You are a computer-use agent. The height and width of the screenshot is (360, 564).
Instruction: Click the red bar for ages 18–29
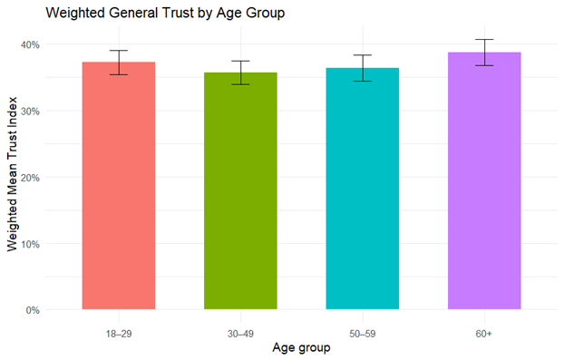(x=119, y=186)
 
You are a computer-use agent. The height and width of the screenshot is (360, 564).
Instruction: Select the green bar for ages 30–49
(x=240, y=191)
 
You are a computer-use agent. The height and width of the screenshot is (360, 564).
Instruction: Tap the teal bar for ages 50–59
(x=363, y=189)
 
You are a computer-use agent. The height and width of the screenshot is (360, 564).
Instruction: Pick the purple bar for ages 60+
(x=484, y=180)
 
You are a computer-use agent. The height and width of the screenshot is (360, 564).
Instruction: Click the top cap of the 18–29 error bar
(x=119, y=51)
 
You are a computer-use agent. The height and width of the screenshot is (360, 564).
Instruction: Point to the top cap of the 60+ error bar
(x=484, y=40)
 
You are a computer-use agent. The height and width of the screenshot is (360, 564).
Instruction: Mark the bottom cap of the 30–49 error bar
(x=240, y=84)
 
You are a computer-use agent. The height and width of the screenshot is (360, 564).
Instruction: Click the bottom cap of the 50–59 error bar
(x=363, y=82)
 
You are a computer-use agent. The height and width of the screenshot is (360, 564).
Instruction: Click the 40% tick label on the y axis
(x=30, y=44)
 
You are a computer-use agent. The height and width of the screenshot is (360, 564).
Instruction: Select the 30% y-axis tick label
(x=30, y=112)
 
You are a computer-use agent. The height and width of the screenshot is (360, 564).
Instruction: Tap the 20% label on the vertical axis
(x=30, y=178)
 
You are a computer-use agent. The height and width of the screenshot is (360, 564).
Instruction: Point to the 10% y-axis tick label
(x=30, y=244)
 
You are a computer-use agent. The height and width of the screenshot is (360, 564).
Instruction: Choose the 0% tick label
(x=33, y=310)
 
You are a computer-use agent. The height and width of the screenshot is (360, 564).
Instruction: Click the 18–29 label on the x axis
(x=119, y=334)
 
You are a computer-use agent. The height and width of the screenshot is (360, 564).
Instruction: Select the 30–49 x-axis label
(x=240, y=334)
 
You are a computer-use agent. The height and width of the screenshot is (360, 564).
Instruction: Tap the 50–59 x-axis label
(x=363, y=334)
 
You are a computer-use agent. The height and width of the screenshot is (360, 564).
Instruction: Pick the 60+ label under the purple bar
(x=484, y=334)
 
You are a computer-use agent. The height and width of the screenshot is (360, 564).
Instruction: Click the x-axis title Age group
(x=301, y=348)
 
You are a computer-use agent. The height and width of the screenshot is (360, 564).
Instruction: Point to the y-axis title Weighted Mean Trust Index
(x=12, y=174)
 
